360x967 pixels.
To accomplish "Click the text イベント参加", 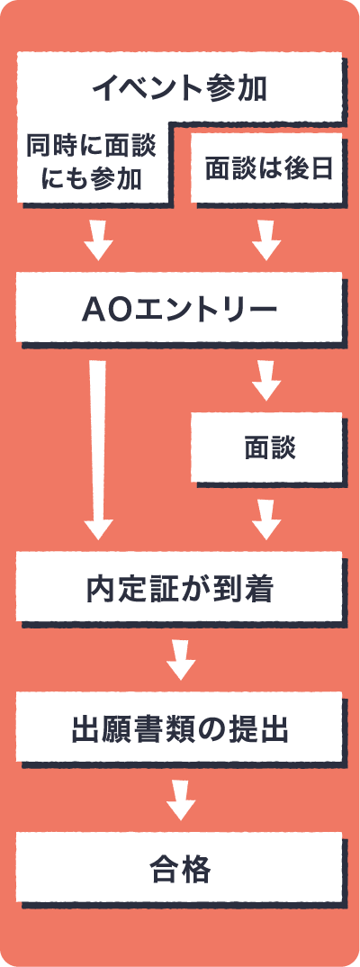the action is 179,89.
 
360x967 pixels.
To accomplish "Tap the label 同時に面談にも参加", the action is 91,163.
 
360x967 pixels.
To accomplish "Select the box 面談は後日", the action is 267,167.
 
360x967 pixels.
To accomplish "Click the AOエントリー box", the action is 179,307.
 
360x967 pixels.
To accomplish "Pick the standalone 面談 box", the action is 266,447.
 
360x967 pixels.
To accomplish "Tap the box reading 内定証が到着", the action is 179,586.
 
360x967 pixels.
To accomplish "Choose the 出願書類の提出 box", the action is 179,728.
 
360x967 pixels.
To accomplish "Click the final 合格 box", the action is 179,868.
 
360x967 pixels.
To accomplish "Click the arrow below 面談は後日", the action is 266,239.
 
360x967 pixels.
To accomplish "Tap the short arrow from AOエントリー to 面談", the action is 266,381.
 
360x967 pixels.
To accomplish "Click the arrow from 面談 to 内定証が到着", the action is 266,520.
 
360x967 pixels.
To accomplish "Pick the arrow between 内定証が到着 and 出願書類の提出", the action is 181,660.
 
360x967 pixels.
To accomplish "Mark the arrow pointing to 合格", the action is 181,800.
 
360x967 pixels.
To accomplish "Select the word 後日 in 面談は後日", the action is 308,167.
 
